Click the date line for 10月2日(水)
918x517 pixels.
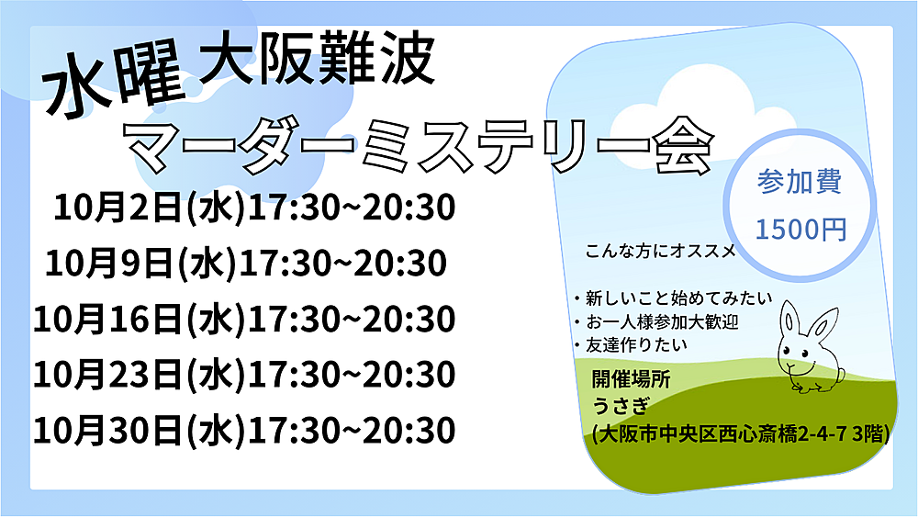click(254, 208)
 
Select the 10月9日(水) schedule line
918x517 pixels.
click(246, 263)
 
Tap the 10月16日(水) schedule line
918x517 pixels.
click(244, 319)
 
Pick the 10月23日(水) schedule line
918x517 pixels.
click(244, 375)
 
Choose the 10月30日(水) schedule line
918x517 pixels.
click(244, 431)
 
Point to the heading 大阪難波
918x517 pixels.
click(317, 60)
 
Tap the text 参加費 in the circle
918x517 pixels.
click(800, 182)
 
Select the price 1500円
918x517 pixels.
click(800, 229)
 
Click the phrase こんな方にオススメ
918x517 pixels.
click(661, 252)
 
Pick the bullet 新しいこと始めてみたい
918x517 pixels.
click(673, 298)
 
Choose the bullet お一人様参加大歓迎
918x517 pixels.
click(656, 322)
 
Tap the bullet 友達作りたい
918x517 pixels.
click(631, 345)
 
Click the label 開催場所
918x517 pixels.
click(632, 379)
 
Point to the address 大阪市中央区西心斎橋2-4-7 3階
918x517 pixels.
click(741, 434)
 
